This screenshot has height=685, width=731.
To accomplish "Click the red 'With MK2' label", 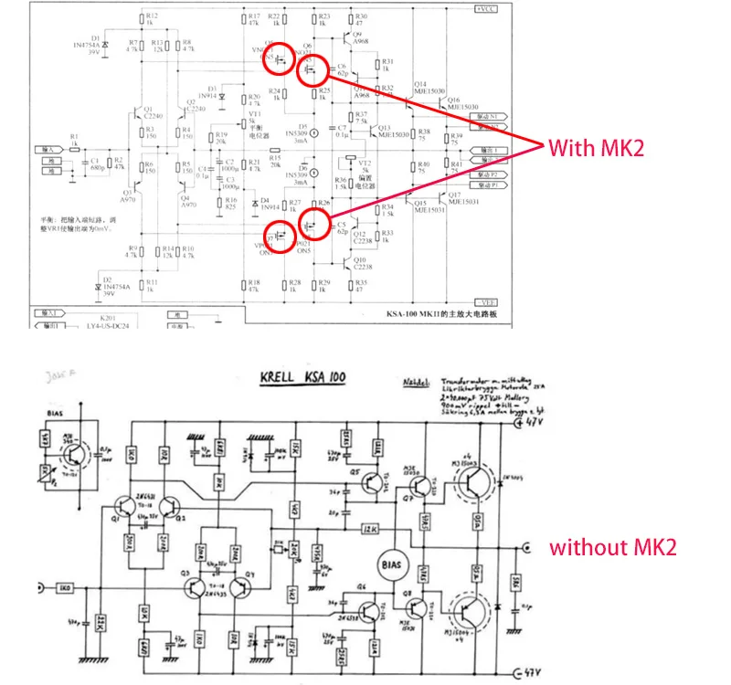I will (x=596, y=147).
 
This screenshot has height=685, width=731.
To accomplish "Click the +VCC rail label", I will (x=483, y=8).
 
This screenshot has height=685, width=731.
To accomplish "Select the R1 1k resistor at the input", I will (x=75, y=144).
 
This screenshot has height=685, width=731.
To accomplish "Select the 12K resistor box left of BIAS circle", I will (x=371, y=529).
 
